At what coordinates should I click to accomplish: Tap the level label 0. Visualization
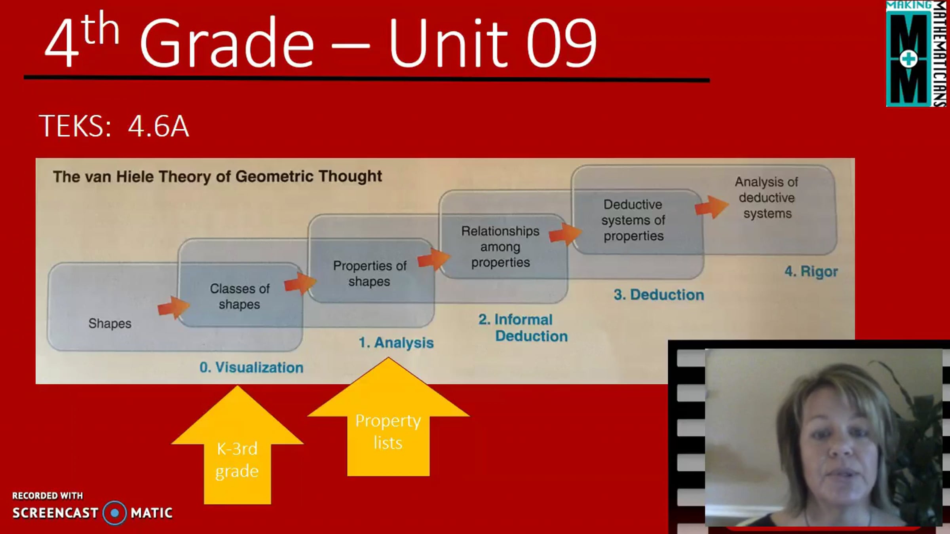point(251,367)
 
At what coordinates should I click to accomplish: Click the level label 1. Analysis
point(396,343)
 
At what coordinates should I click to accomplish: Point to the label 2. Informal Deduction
point(523,328)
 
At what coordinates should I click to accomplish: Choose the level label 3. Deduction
point(659,295)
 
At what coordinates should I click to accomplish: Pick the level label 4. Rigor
point(811,272)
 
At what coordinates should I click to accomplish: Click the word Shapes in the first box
point(110,324)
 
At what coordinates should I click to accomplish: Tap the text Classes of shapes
point(239,296)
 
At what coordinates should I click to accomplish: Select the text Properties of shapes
point(370,273)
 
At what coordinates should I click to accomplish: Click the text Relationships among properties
point(500,246)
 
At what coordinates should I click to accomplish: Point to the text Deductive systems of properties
point(633,220)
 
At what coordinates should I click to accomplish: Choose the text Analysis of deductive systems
point(767,197)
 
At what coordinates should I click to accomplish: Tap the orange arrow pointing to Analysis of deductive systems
point(712,207)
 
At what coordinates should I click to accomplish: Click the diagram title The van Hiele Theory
point(217,176)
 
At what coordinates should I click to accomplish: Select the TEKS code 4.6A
point(158,126)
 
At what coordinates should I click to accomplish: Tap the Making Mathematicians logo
point(917,53)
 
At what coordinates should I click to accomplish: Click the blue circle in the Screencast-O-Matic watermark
point(115,513)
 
